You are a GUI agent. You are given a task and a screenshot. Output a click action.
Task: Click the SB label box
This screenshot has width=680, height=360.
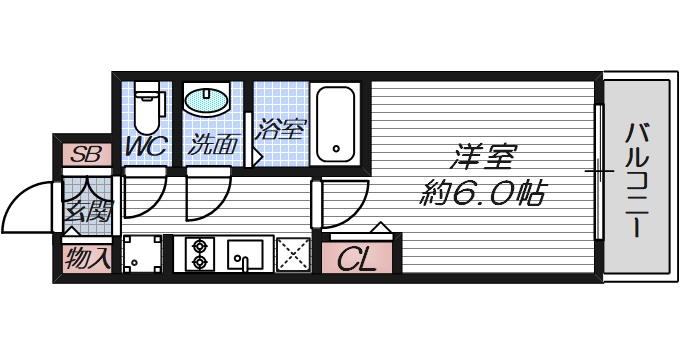[86, 154]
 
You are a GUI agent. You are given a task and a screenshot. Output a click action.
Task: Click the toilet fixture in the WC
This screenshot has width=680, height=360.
[147, 106]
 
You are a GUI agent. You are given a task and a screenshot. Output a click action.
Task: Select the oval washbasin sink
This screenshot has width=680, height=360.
[207, 100]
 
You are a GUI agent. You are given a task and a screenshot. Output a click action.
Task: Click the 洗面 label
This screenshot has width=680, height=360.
[213, 146]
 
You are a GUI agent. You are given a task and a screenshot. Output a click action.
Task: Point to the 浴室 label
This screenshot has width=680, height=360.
[280, 129]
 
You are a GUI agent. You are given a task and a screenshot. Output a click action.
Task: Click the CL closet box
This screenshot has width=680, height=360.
[357, 261]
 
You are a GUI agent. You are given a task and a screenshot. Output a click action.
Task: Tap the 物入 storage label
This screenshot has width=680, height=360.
[87, 259]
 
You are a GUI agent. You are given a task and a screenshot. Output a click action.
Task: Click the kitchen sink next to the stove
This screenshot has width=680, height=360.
[244, 254]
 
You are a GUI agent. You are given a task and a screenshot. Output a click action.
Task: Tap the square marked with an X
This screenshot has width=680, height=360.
[293, 254]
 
